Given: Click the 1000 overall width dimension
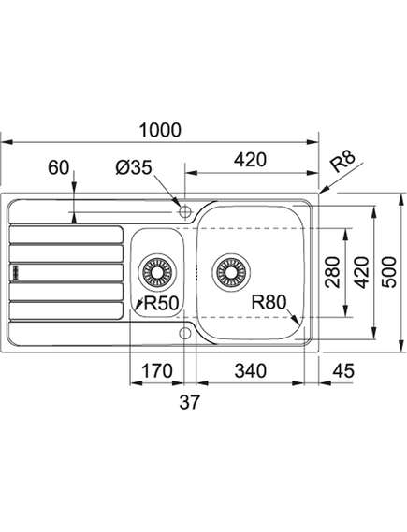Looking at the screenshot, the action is (160, 130).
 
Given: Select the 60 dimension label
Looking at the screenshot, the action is (58, 167).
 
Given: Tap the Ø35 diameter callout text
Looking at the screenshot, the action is (134, 167).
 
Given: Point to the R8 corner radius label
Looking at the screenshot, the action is (342, 161).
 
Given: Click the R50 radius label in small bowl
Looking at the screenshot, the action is (161, 303).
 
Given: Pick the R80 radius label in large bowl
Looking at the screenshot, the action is (269, 302).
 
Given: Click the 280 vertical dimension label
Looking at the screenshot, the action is (332, 272).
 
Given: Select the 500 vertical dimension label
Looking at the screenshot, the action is (388, 272).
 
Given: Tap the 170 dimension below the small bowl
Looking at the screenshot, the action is (157, 371).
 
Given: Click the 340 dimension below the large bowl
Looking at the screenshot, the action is (251, 371).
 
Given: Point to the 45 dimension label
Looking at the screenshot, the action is (343, 371).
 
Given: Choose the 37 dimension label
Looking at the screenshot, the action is (190, 402).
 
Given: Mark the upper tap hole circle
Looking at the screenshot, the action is (185, 212).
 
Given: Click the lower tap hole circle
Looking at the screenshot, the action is (185, 334).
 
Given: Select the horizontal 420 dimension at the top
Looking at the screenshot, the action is (251, 160).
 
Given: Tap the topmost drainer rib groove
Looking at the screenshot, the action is (66, 235).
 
